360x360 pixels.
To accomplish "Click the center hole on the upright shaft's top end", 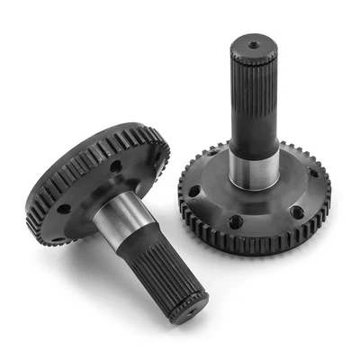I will [x=255, y=44].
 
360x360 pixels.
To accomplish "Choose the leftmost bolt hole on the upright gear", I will [x=193, y=191].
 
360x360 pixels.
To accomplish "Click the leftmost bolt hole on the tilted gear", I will [x=64, y=209].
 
